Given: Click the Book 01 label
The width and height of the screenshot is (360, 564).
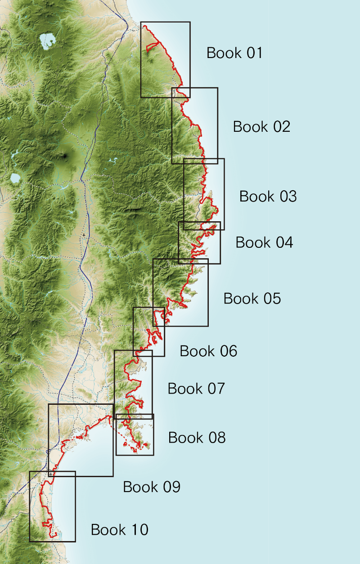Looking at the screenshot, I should click(x=234, y=53).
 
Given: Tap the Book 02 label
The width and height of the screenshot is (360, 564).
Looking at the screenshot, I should click(x=261, y=127).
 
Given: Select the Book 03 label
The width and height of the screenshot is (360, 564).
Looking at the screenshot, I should click(x=268, y=197).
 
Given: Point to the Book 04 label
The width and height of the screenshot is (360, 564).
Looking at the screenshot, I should click(x=264, y=242).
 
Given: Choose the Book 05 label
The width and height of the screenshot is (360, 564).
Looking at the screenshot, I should click(x=252, y=299).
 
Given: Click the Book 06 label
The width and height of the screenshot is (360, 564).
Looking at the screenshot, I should click(x=208, y=351).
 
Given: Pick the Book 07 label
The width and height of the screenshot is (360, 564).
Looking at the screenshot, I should click(x=196, y=389).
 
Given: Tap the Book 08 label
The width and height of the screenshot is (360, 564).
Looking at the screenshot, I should click(x=197, y=438).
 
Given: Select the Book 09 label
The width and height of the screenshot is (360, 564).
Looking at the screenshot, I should click(x=152, y=487).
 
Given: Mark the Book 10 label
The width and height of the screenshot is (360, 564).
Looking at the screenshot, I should click(x=119, y=530).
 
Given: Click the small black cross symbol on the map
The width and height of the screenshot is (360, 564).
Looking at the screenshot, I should click(x=84, y=235).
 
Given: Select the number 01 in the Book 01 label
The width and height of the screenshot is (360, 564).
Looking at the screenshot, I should click(x=254, y=53).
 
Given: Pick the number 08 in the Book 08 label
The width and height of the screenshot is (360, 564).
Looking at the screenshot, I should click(x=216, y=438).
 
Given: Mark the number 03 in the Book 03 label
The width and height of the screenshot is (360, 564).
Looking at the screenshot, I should click(x=288, y=197).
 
